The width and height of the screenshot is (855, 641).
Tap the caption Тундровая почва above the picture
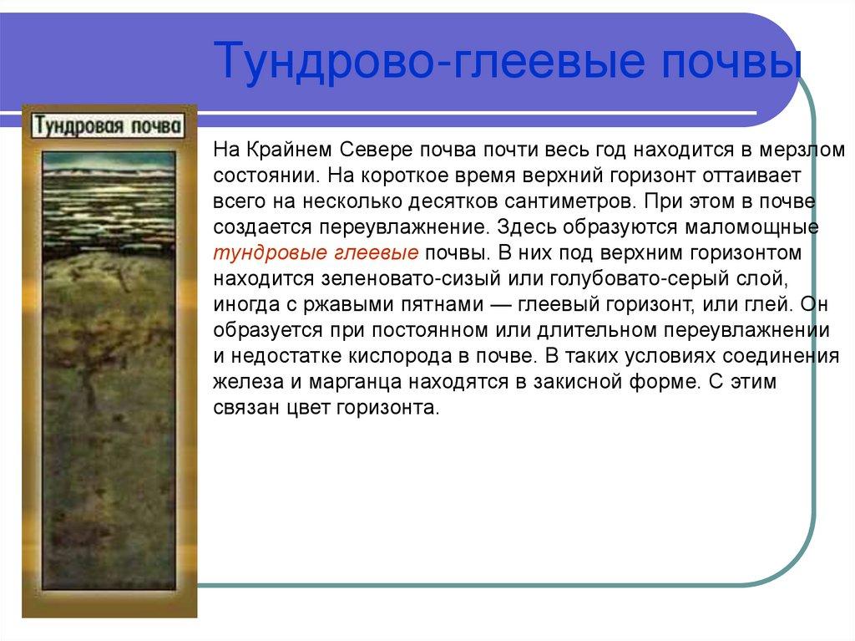pos(109,126)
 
